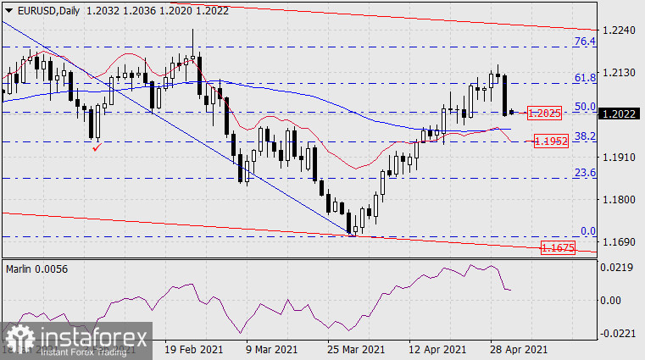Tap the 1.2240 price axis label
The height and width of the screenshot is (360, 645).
[x=618, y=30]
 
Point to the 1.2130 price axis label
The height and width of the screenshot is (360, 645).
[x=618, y=73]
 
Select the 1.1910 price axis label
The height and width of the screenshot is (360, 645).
[x=618, y=158]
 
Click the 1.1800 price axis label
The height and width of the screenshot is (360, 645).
[x=618, y=200]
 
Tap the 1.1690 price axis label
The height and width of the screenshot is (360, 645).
[x=618, y=242]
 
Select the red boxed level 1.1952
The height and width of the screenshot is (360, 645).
[x=550, y=141]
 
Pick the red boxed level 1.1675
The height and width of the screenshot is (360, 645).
[x=557, y=248]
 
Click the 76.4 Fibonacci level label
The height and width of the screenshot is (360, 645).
[x=584, y=41]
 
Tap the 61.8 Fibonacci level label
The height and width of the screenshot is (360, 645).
[x=584, y=78]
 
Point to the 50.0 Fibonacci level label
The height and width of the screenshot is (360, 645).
[x=584, y=107]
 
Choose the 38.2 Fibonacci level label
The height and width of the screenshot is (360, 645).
[x=584, y=136]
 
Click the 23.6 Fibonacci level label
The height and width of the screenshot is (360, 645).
[x=584, y=173]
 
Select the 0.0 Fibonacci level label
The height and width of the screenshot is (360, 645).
[x=587, y=230]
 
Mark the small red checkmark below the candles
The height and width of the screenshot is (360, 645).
[x=97, y=148]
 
